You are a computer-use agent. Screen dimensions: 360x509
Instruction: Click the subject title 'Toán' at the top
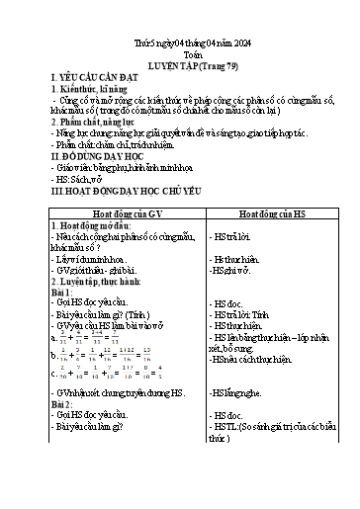[x=180, y=56]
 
